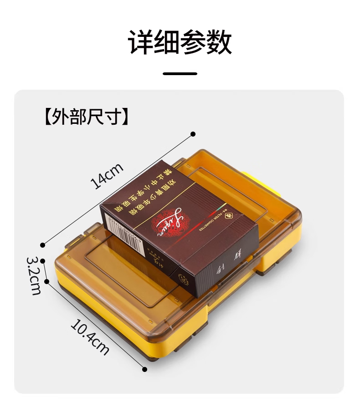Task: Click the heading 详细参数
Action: pyautogui.click(x=180, y=43)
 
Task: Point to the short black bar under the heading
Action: pyautogui.click(x=180, y=73)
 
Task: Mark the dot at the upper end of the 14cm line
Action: pyautogui.click(x=193, y=134)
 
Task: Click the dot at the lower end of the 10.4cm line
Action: pyautogui.click(x=145, y=369)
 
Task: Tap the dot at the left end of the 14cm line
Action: pyautogui.click(x=43, y=245)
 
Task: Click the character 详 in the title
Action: pyautogui.click(x=140, y=43)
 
